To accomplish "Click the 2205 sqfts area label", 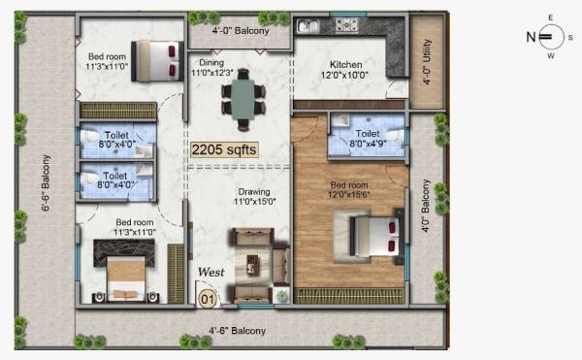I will click(x=224, y=149).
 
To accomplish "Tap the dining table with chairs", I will click(x=242, y=98).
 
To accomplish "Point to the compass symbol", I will click(x=549, y=38).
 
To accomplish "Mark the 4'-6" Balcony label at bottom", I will click(x=238, y=331).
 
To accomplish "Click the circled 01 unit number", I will click(x=207, y=299).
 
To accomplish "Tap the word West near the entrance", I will click(x=210, y=274).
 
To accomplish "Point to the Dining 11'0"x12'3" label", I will click(x=210, y=67).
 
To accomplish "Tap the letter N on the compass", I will click(x=531, y=38).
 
